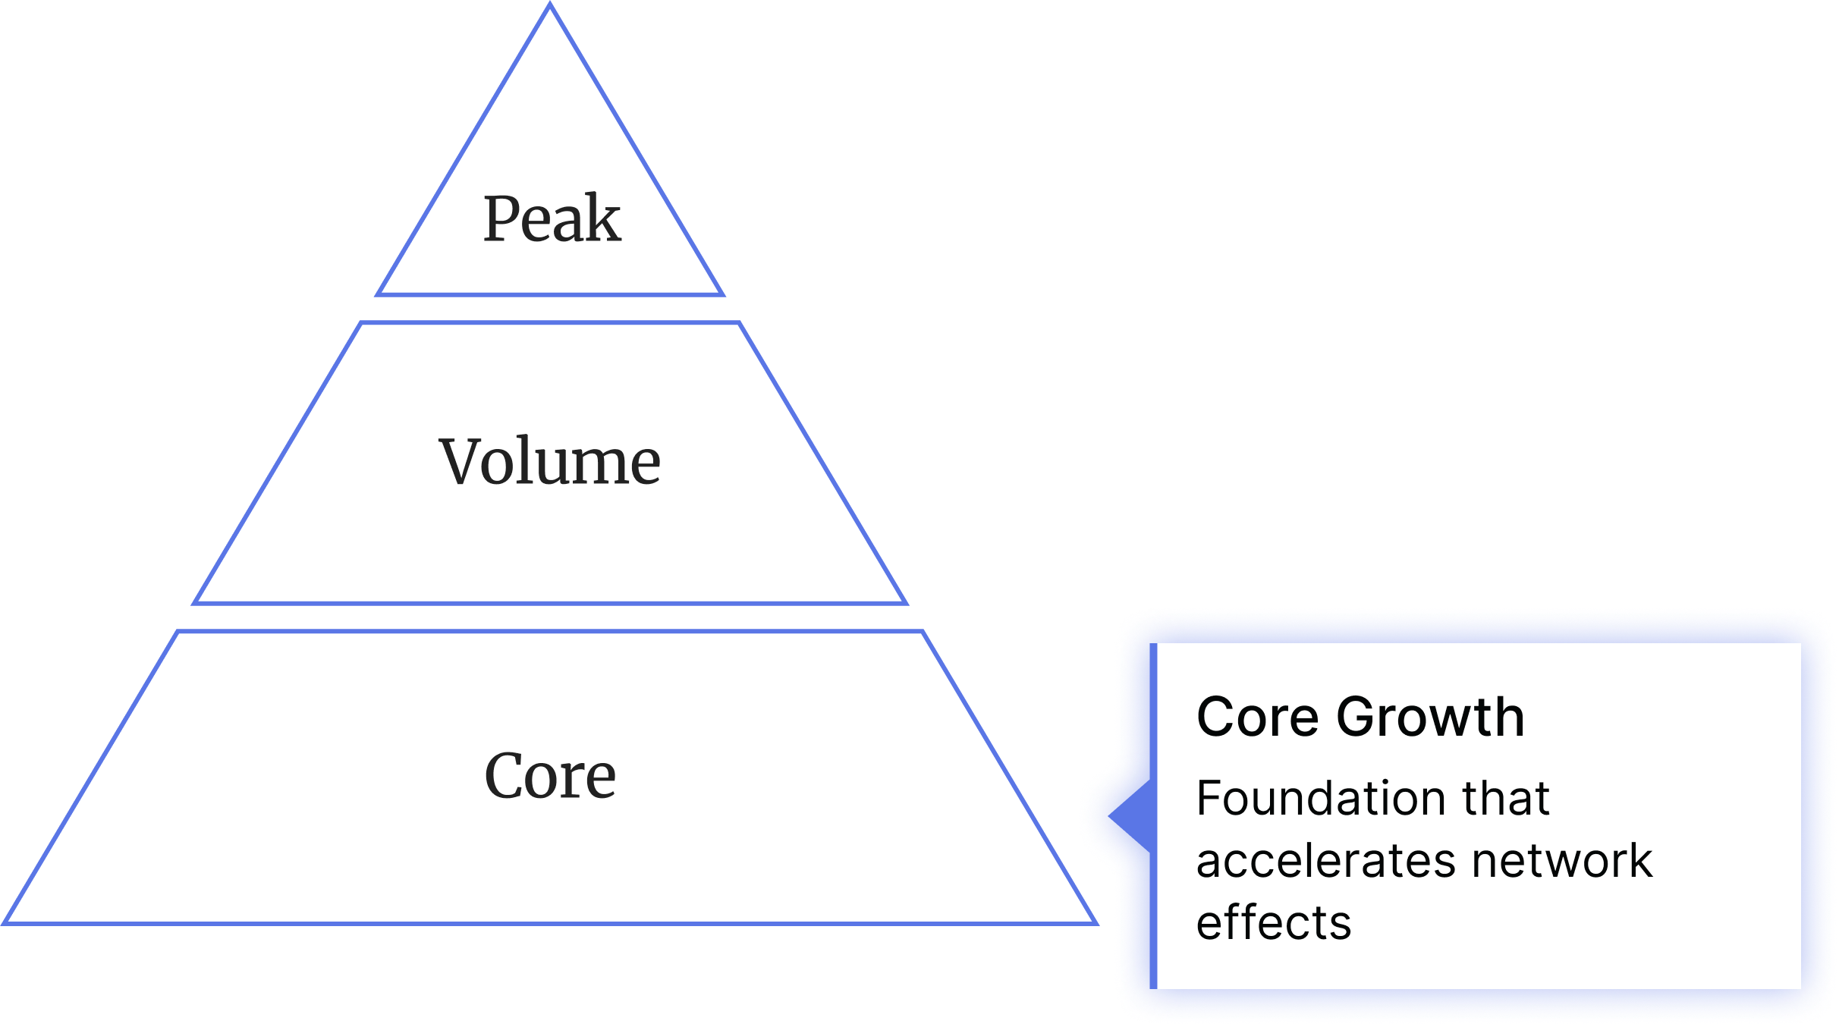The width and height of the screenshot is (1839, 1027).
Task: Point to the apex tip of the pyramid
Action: point(550,6)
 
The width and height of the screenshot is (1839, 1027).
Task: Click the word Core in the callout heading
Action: point(1257,717)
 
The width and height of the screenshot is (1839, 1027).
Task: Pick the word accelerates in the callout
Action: point(1325,861)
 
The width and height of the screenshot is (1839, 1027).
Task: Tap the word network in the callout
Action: point(1562,861)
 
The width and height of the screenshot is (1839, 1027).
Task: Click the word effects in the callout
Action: point(1273,923)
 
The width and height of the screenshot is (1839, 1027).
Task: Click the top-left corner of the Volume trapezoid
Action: point(360,323)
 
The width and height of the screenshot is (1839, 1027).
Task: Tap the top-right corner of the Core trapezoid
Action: point(923,632)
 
